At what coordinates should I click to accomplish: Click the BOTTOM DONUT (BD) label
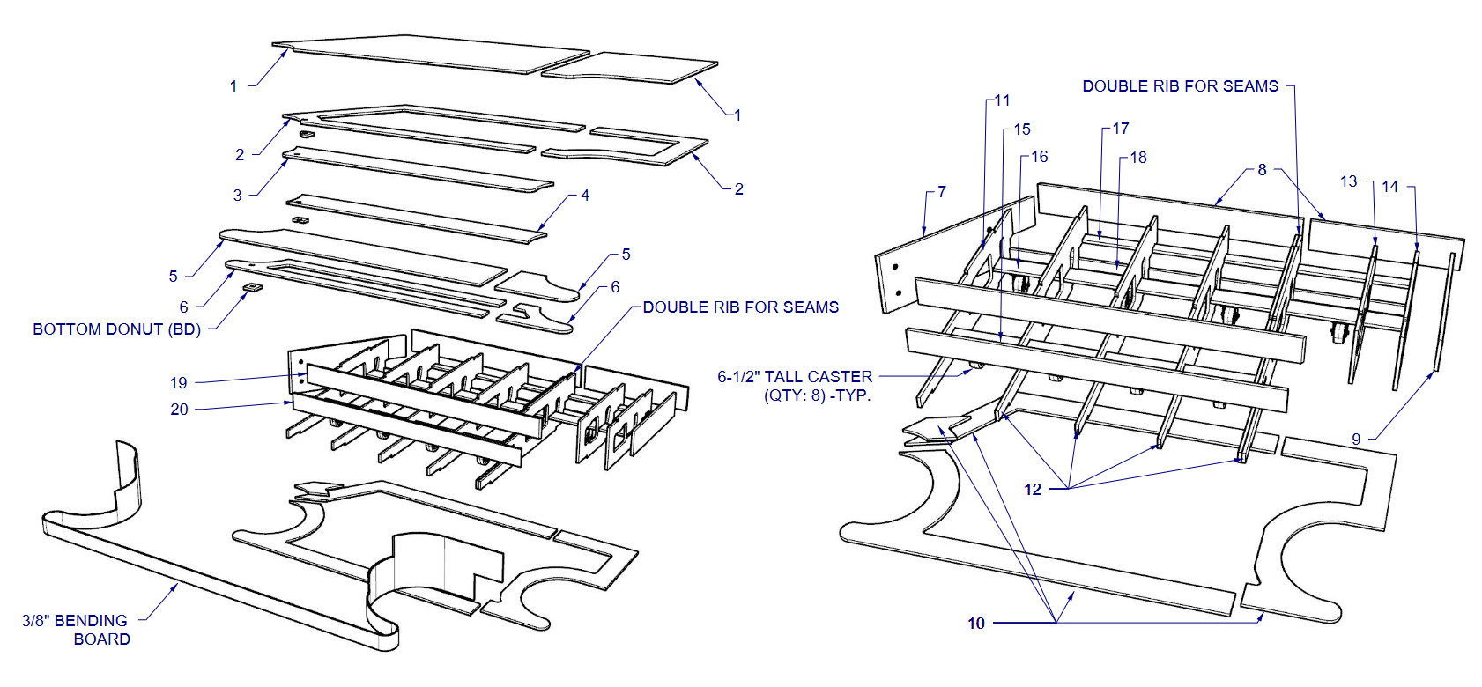point(116,329)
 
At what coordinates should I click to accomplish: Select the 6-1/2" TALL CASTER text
point(794,377)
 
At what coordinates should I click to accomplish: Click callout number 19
point(179,383)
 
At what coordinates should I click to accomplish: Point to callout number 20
point(179,410)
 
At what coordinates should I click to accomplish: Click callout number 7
point(942,192)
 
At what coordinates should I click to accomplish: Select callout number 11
point(1002,100)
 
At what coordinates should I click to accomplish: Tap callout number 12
point(1033,490)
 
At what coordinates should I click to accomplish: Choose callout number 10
point(976,624)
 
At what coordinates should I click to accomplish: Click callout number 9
point(1356,439)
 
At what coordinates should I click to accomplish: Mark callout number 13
point(1348,181)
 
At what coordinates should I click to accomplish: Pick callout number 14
point(1389,187)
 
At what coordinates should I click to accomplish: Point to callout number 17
point(1120,129)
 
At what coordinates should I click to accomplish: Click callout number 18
point(1138,158)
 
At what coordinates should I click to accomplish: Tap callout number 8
point(1262,170)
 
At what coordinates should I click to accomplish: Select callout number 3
point(237,196)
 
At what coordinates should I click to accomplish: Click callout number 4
point(585,196)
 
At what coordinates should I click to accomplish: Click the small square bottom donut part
point(251,288)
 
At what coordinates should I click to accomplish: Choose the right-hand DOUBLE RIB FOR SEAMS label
point(1180,86)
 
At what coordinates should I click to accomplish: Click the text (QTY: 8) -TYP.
point(817,395)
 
